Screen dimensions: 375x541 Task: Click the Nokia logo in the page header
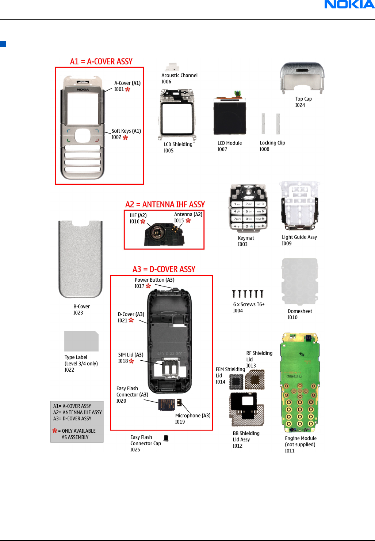349,5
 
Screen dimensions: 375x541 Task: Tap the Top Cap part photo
302,77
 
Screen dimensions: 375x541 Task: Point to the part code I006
166,82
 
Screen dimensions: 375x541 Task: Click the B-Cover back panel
80,259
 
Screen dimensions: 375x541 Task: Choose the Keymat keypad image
248,208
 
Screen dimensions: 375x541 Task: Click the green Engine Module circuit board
300,382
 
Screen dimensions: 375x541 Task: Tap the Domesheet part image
299,282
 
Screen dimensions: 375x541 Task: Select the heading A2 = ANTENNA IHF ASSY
165,204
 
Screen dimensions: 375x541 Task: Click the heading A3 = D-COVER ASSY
164,270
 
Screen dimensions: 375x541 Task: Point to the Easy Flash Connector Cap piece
166,438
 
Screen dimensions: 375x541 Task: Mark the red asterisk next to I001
128,89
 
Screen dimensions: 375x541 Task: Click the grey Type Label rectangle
81,341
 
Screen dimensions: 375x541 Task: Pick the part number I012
238,446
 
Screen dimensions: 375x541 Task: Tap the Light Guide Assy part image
299,207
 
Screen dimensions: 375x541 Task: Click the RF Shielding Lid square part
255,379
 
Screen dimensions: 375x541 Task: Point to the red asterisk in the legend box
55,431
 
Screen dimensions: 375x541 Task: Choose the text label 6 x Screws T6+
249,304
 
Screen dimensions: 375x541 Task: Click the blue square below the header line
3,44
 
